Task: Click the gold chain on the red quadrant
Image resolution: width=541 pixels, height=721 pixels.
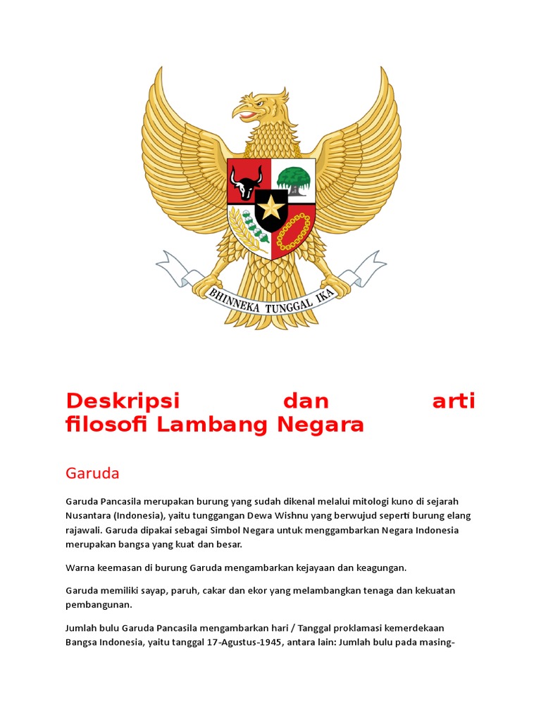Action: (x=293, y=232)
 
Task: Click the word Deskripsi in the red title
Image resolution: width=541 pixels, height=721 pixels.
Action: (x=123, y=401)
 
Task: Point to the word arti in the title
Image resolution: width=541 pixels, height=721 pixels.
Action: (x=454, y=401)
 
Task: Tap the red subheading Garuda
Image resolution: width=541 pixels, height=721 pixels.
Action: (x=92, y=473)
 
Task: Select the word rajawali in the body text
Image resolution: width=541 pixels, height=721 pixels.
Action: (x=83, y=529)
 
